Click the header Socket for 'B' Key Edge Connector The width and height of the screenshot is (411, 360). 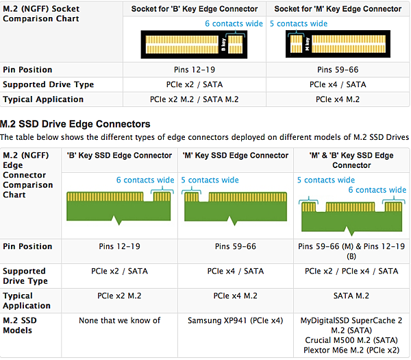(195, 9)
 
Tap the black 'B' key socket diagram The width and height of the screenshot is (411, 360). (192, 45)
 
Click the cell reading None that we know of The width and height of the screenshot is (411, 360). (119, 320)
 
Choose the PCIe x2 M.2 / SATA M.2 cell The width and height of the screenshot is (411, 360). (195, 99)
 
